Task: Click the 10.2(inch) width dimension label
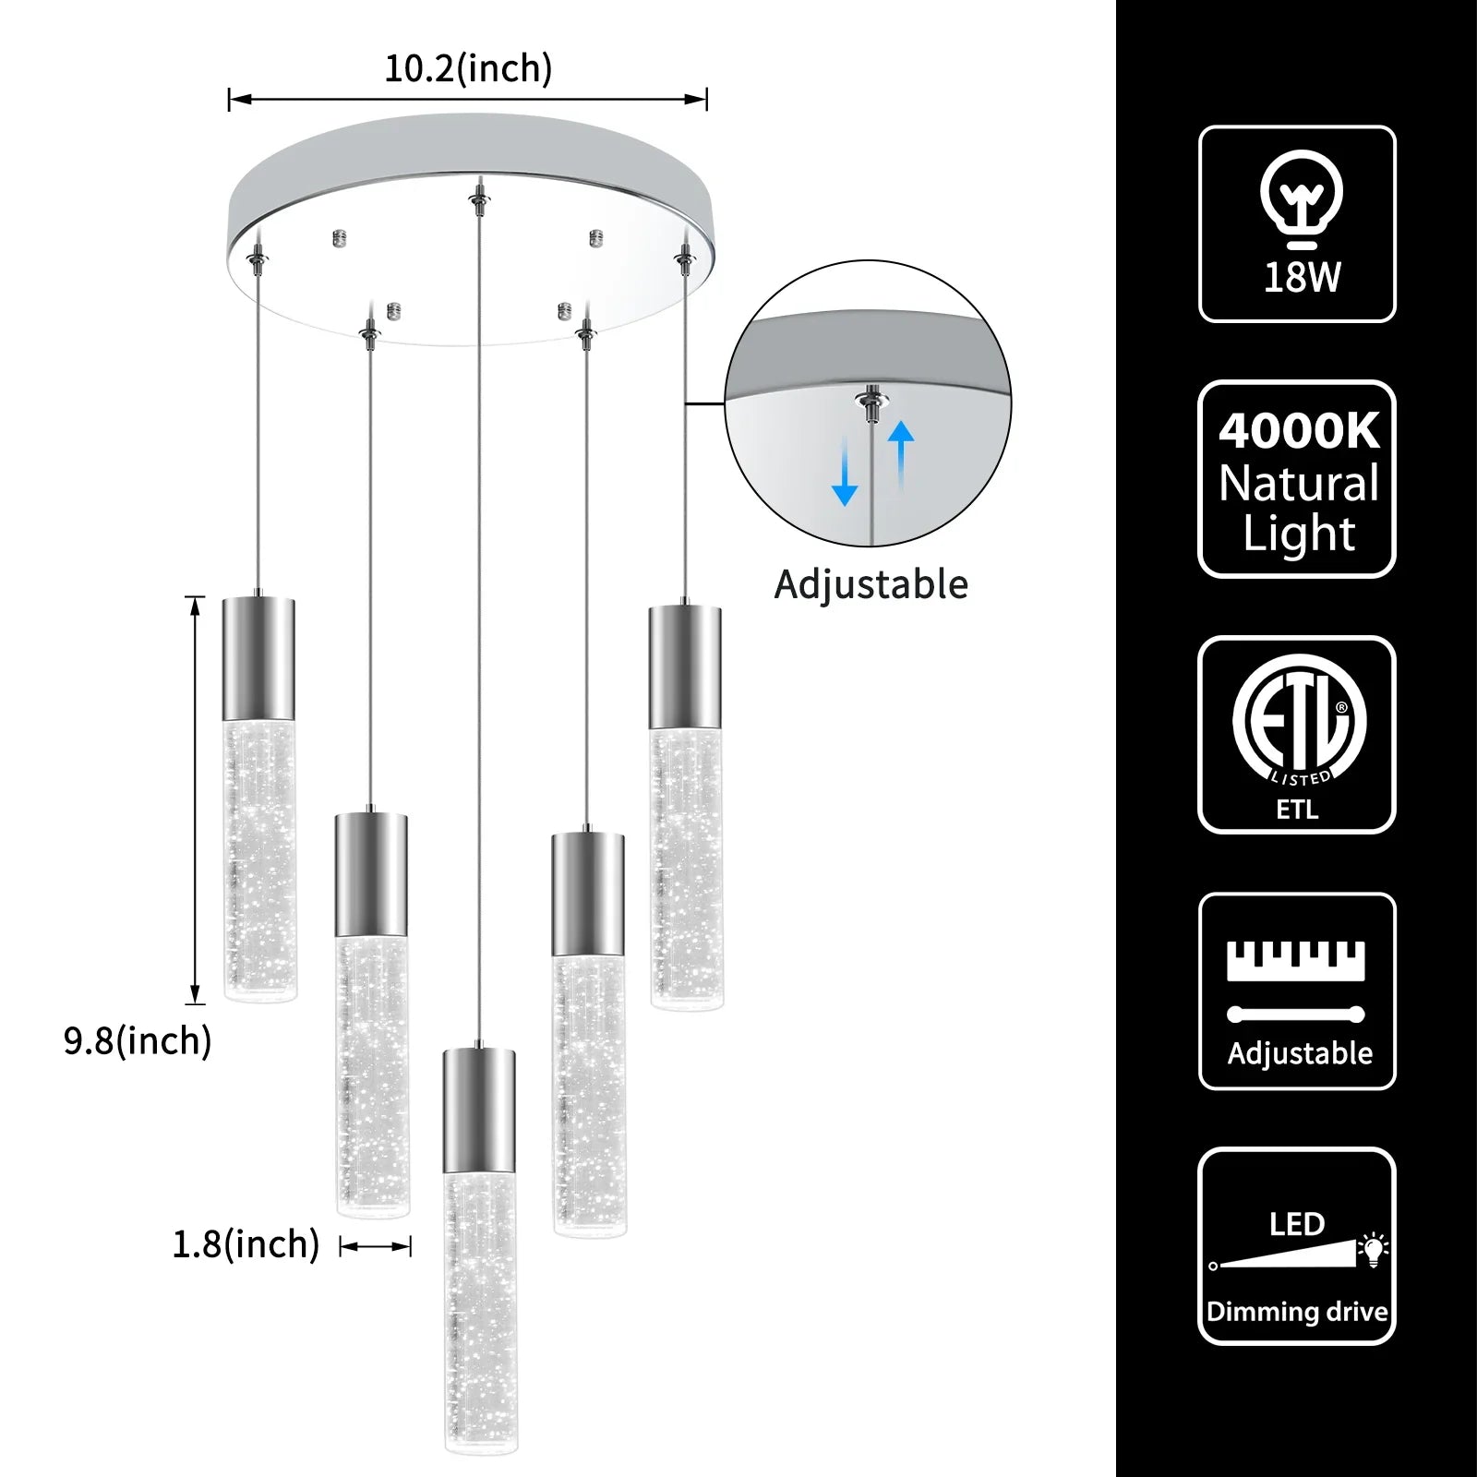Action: (x=468, y=68)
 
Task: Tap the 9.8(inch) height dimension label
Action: (x=138, y=1040)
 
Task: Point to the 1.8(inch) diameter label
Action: (x=246, y=1243)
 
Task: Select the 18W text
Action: (x=1302, y=277)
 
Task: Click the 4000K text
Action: (x=1299, y=431)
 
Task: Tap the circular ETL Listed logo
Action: (x=1299, y=720)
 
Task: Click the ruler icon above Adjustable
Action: (x=1295, y=961)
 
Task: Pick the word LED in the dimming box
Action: (x=1296, y=1224)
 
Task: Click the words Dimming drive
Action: (x=1297, y=1312)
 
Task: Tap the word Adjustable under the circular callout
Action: (x=871, y=584)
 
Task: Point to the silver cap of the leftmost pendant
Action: (x=258, y=658)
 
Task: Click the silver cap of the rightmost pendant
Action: (x=684, y=667)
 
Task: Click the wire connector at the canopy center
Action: (x=477, y=197)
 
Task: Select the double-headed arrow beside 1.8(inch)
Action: (x=375, y=1247)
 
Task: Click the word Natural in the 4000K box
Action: (x=1299, y=483)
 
